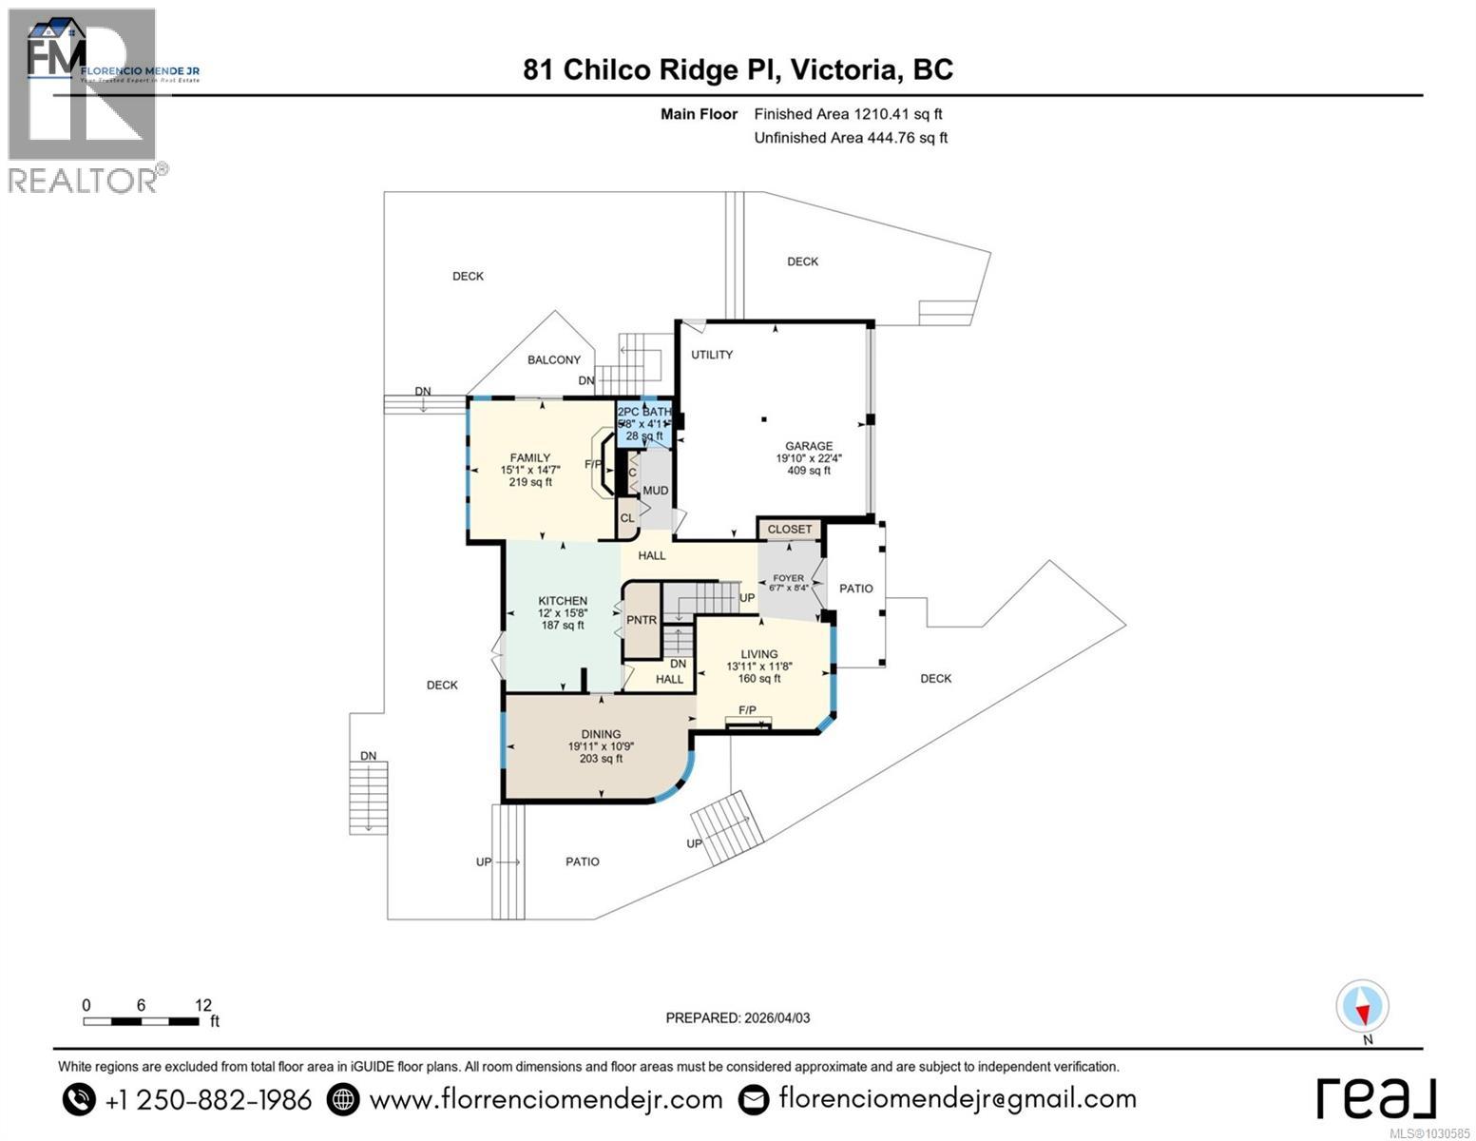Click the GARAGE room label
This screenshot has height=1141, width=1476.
pos(808,446)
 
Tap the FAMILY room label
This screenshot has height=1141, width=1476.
pos(529,458)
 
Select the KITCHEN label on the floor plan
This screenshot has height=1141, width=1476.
pos(563,601)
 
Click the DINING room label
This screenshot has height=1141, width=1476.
pos(601,734)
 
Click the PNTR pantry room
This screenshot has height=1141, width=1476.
pos(642,620)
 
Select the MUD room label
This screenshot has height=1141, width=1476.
pos(655,491)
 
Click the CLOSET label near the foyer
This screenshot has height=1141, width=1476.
pos(790,530)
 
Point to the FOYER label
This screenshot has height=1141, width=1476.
pos(788,578)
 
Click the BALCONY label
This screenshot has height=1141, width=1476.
pos(554,359)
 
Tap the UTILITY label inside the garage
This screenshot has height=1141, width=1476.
pos(712,355)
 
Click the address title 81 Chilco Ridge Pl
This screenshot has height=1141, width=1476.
pos(738,69)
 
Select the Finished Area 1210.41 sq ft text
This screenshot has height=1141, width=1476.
pos(848,114)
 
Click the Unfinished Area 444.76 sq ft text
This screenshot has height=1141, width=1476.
pos(851,138)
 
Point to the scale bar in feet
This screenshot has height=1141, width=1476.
pos(142,1021)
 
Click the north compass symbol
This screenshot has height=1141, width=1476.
pos(1362,1007)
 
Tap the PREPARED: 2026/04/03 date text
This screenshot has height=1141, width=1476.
pos(738,1017)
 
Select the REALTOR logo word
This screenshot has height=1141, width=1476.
pos(83,180)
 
